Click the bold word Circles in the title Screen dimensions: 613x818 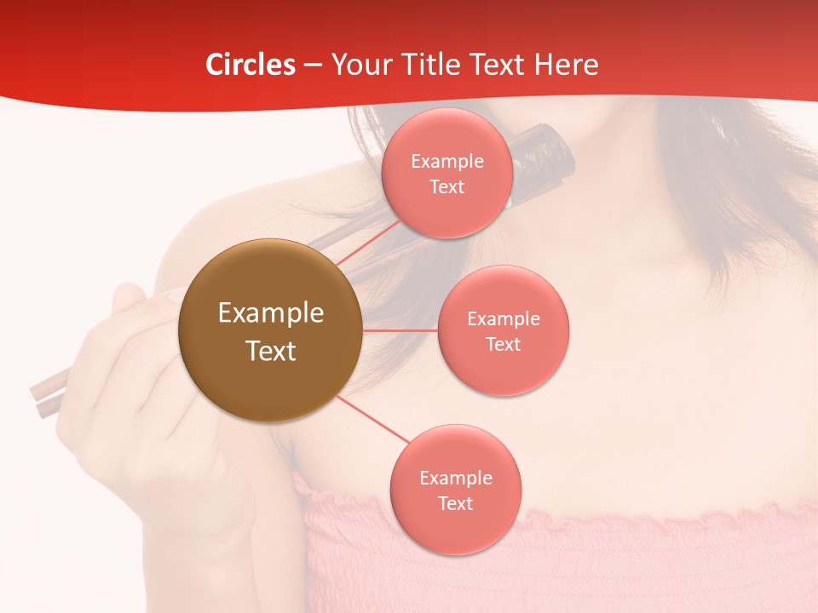251,65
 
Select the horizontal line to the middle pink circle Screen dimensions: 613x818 400,330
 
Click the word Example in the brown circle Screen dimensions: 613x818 271,313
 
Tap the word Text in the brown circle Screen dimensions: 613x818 271,351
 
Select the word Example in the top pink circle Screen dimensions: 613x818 447,162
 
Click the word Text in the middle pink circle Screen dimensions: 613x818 504,345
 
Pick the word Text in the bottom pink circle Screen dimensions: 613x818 456,504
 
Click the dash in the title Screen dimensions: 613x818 313,66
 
